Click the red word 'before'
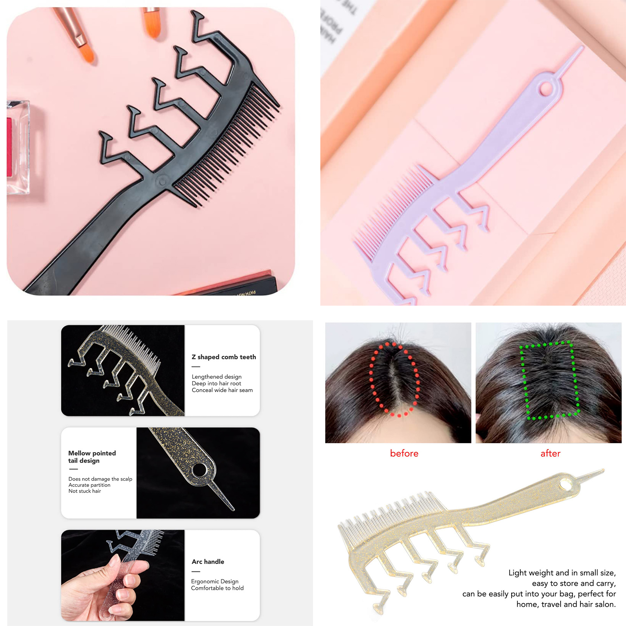point(404,454)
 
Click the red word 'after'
point(550,454)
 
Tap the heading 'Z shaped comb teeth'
point(224,357)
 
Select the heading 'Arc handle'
point(208,562)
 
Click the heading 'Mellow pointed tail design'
point(92,457)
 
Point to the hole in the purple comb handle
point(546,89)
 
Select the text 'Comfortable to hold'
point(217,588)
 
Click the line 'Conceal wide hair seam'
point(222,390)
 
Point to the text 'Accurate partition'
point(89,485)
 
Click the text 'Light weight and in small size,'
point(562,573)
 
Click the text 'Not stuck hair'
point(85,491)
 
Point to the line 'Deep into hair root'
point(216,384)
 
